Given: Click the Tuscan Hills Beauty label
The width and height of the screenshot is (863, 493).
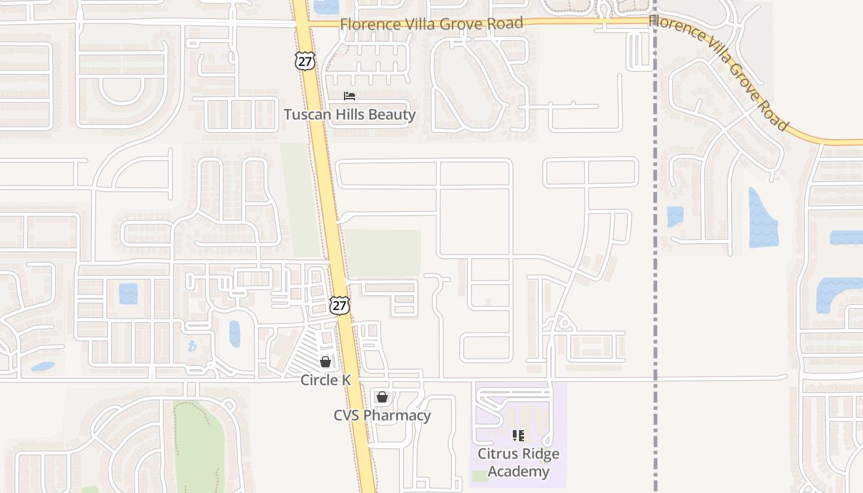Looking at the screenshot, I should coord(350,115).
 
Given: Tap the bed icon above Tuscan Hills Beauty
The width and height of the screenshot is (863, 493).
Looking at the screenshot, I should coord(350,96).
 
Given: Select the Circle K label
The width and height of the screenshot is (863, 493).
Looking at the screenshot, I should coord(325,380).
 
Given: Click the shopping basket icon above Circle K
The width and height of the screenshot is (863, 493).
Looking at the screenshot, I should coord(325,362).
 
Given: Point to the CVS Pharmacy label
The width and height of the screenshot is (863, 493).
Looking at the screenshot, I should coord(382,415).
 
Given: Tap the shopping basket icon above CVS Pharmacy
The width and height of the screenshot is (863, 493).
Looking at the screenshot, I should coord(382,397).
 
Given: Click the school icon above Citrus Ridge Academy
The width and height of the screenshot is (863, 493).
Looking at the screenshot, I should coord(518,436).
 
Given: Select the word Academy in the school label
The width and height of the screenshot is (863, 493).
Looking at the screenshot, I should coord(518,471).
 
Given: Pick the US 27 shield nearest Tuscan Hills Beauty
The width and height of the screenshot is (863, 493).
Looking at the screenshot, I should coord(305,60).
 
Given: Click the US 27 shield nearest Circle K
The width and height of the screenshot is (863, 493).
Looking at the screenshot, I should coord(339,305).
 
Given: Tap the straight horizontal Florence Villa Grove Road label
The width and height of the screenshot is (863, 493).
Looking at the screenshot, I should coord(431,24).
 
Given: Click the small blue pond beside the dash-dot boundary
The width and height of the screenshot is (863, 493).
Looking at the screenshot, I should coord(675,216).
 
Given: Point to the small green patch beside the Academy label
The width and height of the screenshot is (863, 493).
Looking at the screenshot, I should coord(480,476).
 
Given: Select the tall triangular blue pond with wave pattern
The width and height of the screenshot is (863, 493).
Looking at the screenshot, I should coord(762,219).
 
